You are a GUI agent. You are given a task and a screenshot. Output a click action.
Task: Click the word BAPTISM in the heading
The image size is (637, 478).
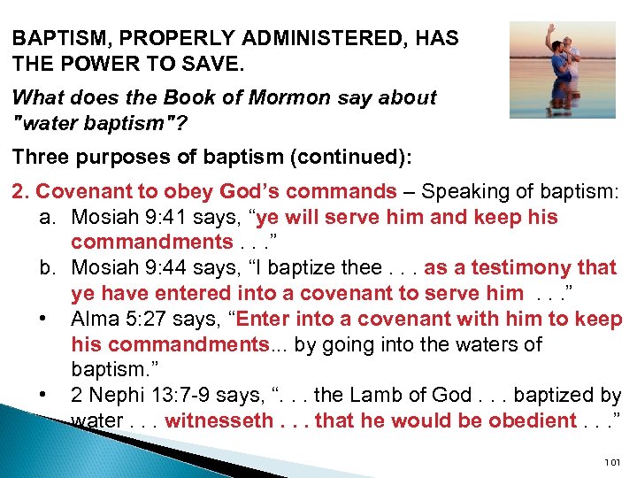pos(55,38)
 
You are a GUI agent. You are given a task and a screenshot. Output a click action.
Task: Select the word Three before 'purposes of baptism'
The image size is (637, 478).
pos(41,157)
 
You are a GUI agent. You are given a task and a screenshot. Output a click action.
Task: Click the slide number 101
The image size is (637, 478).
pos(611,462)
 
